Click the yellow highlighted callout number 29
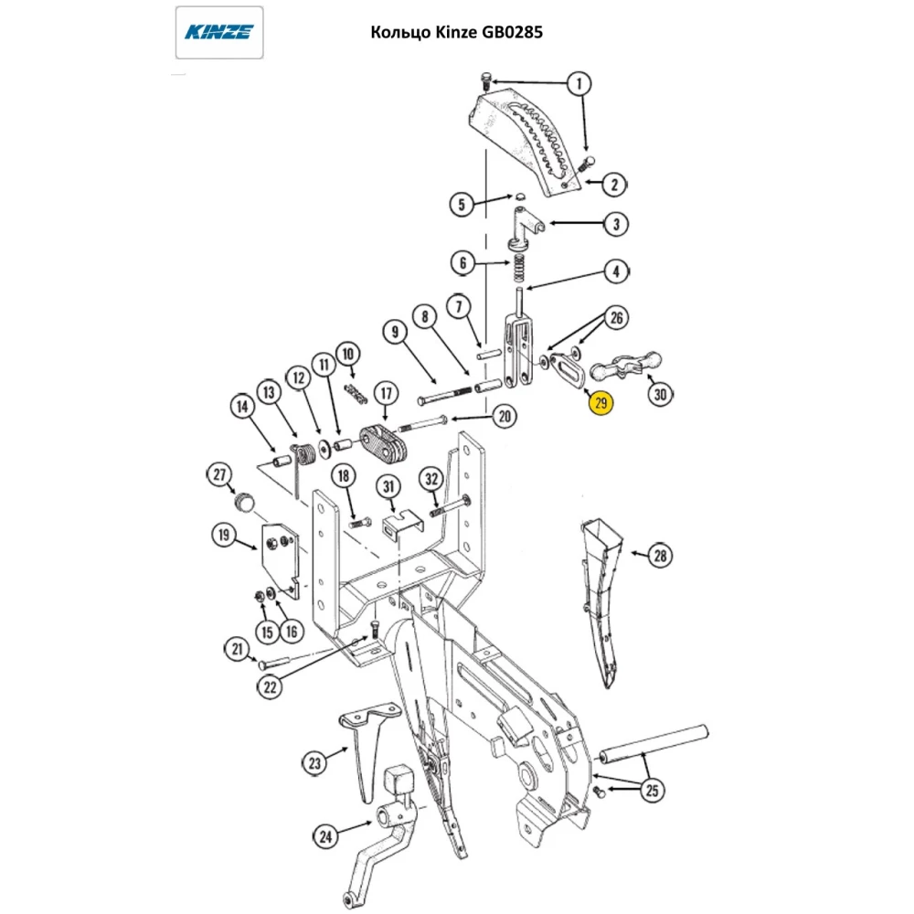(x=600, y=402)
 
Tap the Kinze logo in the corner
(x=219, y=33)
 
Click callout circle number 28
(x=660, y=555)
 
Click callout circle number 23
(x=315, y=760)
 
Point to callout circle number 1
(x=578, y=84)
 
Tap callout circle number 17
(x=386, y=394)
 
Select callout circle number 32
(x=431, y=478)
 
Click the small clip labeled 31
(x=399, y=523)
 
